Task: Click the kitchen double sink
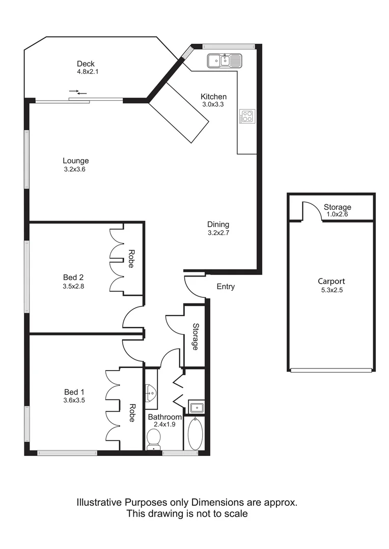225,61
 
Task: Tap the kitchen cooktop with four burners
247,116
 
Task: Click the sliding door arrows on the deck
78,93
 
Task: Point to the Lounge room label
76,161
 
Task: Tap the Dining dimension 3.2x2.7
218,233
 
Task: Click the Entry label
226,287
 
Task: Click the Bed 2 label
73,277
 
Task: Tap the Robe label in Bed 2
131,259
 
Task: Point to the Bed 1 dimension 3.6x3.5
74,401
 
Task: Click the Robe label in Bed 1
131,413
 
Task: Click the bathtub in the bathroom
195,434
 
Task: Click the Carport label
331,281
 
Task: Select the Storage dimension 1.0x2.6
337,215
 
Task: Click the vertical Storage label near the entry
195,337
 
